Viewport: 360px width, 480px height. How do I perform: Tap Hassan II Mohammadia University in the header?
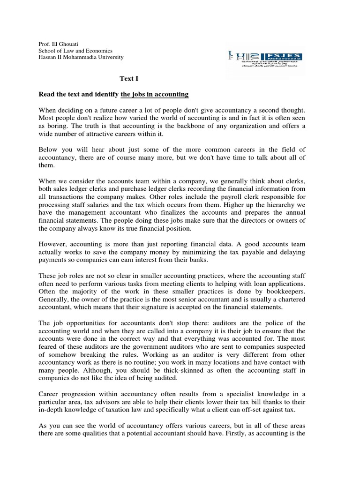(x=81, y=57)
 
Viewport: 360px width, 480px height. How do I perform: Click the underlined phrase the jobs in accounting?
(x=155, y=94)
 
